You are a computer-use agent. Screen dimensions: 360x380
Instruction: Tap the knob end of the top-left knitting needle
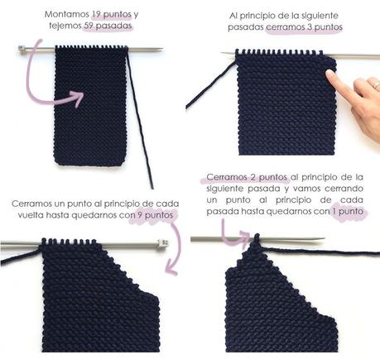[22, 50]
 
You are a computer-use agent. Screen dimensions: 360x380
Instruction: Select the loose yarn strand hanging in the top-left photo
[141, 124]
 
